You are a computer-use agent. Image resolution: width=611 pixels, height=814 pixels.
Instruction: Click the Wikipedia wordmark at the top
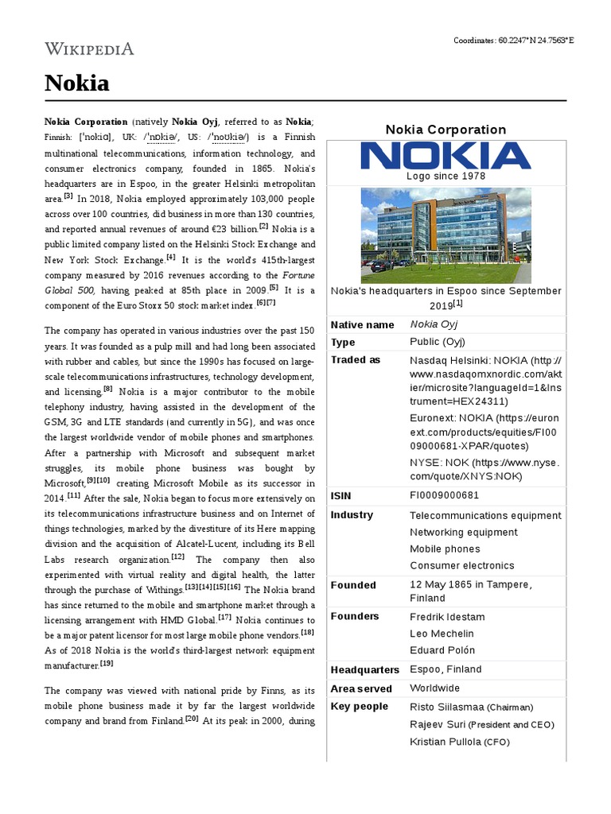(x=89, y=49)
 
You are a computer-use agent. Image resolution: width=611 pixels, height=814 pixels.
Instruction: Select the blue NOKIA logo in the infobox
(x=446, y=156)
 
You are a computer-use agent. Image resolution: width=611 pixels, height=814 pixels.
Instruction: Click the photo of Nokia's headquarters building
(x=446, y=235)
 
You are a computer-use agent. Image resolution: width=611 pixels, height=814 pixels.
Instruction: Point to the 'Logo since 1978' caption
(x=446, y=176)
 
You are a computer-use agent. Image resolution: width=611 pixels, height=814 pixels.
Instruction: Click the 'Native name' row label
(x=362, y=324)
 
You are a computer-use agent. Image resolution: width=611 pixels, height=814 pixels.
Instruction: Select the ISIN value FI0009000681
(x=445, y=495)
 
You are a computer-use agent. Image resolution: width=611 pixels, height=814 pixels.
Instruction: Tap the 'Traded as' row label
(x=356, y=359)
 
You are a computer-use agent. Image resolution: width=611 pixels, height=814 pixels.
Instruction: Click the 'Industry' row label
(x=352, y=514)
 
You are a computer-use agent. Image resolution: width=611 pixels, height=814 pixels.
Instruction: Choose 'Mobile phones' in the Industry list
(x=445, y=548)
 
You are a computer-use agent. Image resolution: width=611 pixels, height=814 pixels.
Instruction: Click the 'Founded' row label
(x=353, y=585)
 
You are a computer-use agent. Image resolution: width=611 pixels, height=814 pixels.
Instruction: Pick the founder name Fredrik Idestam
(x=447, y=617)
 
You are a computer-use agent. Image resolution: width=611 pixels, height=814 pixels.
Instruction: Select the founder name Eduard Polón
(x=444, y=650)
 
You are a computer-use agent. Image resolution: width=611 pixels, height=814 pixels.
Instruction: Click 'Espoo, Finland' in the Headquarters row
(x=446, y=669)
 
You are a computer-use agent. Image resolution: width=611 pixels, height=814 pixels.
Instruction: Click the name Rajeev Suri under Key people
(x=436, y=724)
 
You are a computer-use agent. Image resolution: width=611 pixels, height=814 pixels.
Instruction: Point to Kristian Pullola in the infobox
(x=444, y=742)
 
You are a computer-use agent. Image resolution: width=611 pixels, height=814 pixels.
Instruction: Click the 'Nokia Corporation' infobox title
(x=446, y=130)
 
